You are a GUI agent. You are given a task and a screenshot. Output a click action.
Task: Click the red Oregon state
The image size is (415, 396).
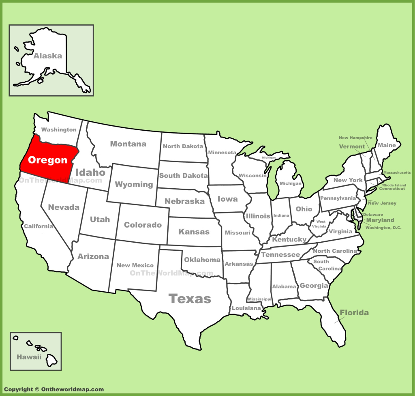[x=47, y=160]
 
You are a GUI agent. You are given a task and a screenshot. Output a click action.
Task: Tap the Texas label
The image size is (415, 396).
[x=190, y=299]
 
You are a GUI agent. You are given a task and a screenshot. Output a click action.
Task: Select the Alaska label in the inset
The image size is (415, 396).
[x=48, y=56]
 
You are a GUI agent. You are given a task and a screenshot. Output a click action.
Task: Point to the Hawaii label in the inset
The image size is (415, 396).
[x=29, y=357]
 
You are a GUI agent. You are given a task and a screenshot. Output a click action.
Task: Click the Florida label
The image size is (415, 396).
[x=354, y=312]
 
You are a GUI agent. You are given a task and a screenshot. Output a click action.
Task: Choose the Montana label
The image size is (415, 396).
[x=128, y=144]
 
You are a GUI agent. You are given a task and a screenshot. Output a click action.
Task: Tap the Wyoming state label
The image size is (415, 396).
[x=134, y=184]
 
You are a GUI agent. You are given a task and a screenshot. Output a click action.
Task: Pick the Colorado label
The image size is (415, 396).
[x=143, y=225]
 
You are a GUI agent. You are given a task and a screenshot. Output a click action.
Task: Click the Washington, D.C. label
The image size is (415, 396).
[x=383, y=228]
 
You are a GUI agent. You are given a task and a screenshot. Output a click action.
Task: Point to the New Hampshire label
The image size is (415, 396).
[x=355, y=138]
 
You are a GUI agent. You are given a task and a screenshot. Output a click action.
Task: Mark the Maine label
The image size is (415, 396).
[x=387, y=145]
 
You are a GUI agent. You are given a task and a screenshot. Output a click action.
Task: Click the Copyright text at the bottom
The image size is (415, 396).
[x=54, y=390]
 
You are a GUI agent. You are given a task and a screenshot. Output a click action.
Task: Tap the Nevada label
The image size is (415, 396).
[x=64, y=207]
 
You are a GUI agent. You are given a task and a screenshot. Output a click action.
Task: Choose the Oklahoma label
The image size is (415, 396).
[x=202, y=260]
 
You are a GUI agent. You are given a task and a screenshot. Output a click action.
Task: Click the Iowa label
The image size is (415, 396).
[x=227, y=199]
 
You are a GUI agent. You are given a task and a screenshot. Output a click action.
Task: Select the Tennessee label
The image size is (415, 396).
[x=280, y=254]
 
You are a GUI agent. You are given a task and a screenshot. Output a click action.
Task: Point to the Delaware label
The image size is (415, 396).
[x=373, y=214]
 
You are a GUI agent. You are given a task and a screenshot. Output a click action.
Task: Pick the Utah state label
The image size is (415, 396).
[x=100, y=219]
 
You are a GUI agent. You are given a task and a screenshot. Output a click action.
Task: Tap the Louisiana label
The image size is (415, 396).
[x=246, y=308]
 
